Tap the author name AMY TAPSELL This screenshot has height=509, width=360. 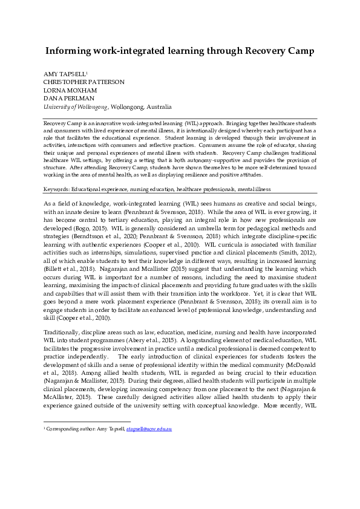point(65,74)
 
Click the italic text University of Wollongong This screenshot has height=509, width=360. point(75,106)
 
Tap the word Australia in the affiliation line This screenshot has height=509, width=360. point(158,106)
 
